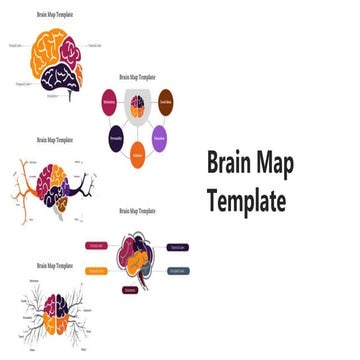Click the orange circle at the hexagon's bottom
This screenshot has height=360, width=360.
[139, 156]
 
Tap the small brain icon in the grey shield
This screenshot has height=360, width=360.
[139, 104]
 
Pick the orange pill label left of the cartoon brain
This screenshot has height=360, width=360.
[96, 269]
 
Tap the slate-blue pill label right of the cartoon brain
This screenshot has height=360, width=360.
[177, 270]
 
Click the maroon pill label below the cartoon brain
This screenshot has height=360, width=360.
[130, 290]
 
